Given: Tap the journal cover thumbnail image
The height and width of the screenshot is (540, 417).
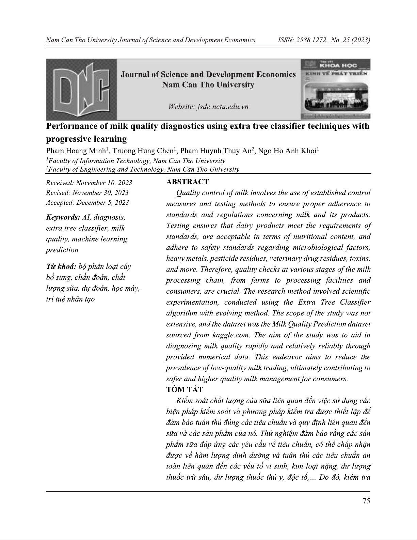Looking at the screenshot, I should (335, 89).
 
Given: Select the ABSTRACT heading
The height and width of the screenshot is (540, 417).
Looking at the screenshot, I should (187, 182).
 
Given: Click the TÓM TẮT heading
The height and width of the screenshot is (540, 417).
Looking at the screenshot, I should (184, 389).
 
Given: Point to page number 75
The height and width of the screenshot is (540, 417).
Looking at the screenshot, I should (366, 500).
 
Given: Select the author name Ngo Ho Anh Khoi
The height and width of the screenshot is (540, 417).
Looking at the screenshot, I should (287, 151).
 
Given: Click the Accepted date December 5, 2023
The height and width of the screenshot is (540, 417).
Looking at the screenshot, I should (102, 203).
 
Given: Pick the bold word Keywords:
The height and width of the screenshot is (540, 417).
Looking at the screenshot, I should (62, 217).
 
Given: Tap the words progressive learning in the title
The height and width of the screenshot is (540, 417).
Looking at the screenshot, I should (86, 139).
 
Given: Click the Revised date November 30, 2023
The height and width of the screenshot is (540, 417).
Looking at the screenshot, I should (100, 193).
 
